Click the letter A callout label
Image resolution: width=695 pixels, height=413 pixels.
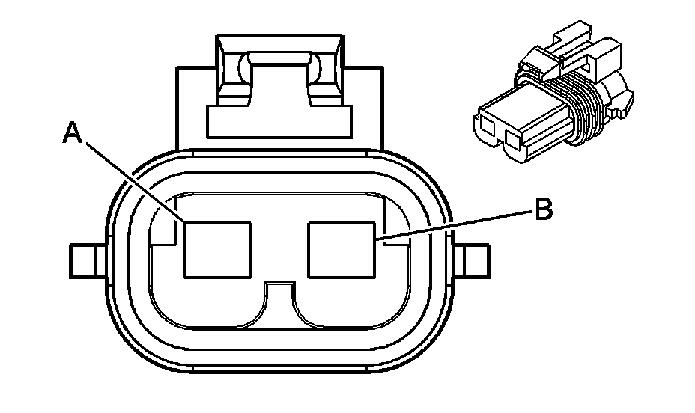72,133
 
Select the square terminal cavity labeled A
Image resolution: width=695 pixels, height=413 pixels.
218,250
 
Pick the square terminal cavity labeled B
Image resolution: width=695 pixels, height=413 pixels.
342,250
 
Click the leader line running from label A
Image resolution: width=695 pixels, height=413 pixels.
135,180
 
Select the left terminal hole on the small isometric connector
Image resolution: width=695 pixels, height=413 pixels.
488,126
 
